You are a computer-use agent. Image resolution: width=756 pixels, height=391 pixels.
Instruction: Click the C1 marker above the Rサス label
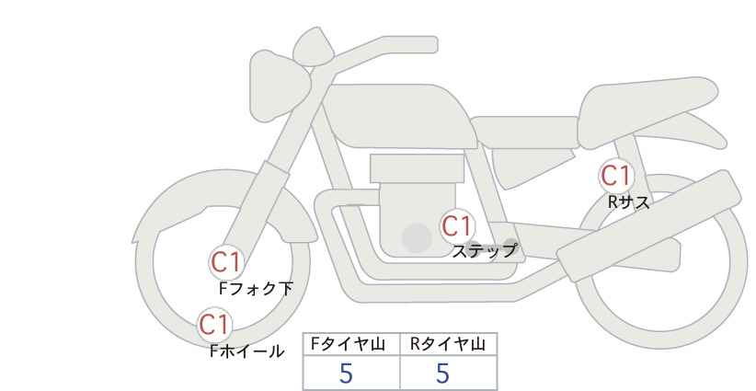[615, 176]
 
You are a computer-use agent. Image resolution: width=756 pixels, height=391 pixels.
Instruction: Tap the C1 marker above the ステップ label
[456, 225]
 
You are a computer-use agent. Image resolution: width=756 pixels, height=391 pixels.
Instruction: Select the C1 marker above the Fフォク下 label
[225, 262]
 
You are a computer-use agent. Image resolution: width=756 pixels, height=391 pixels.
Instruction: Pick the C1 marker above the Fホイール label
[214, 325]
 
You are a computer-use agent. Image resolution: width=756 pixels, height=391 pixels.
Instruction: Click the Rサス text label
[628, 202]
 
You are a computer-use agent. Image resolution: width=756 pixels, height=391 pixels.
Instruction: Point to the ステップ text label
[484, 251]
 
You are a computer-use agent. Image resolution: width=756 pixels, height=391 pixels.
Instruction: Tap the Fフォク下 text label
[256, 288]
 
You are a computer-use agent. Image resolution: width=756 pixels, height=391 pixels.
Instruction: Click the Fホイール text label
[246, 351]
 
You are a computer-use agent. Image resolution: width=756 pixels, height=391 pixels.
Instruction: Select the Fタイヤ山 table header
[348, 344]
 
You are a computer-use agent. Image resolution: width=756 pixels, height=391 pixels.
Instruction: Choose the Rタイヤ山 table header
[448, 344]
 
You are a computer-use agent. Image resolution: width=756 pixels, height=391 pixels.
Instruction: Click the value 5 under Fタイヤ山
[346, 374]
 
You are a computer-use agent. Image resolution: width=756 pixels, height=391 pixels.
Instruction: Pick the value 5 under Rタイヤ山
[442, 374]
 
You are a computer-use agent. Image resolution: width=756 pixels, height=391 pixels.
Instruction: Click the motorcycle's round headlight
[280, 86]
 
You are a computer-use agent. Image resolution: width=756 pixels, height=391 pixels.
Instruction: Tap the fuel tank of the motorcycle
[400, 116]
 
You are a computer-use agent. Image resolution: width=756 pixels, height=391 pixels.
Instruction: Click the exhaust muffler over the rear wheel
[648, 225]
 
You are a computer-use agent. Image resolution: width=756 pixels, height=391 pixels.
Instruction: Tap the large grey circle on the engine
[417, 237]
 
